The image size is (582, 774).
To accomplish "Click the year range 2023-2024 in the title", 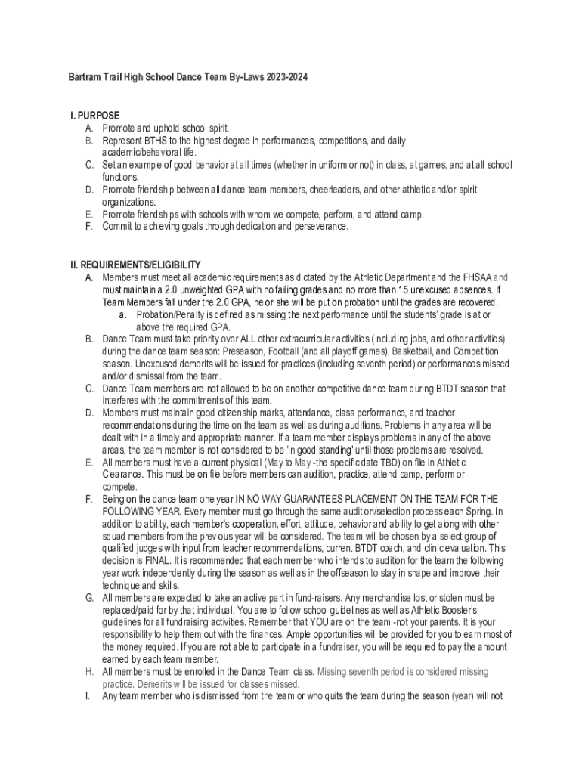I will (x=286, y=78).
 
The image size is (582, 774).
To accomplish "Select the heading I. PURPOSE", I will (x=94, y=116).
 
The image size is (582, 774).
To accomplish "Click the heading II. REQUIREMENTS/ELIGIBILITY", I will (x=135, y=265).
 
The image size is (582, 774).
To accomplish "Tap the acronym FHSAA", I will (x=473, y=277).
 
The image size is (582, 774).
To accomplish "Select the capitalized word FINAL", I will (x=156, y=560).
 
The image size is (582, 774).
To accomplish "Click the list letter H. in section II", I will (x=88, y=671).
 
